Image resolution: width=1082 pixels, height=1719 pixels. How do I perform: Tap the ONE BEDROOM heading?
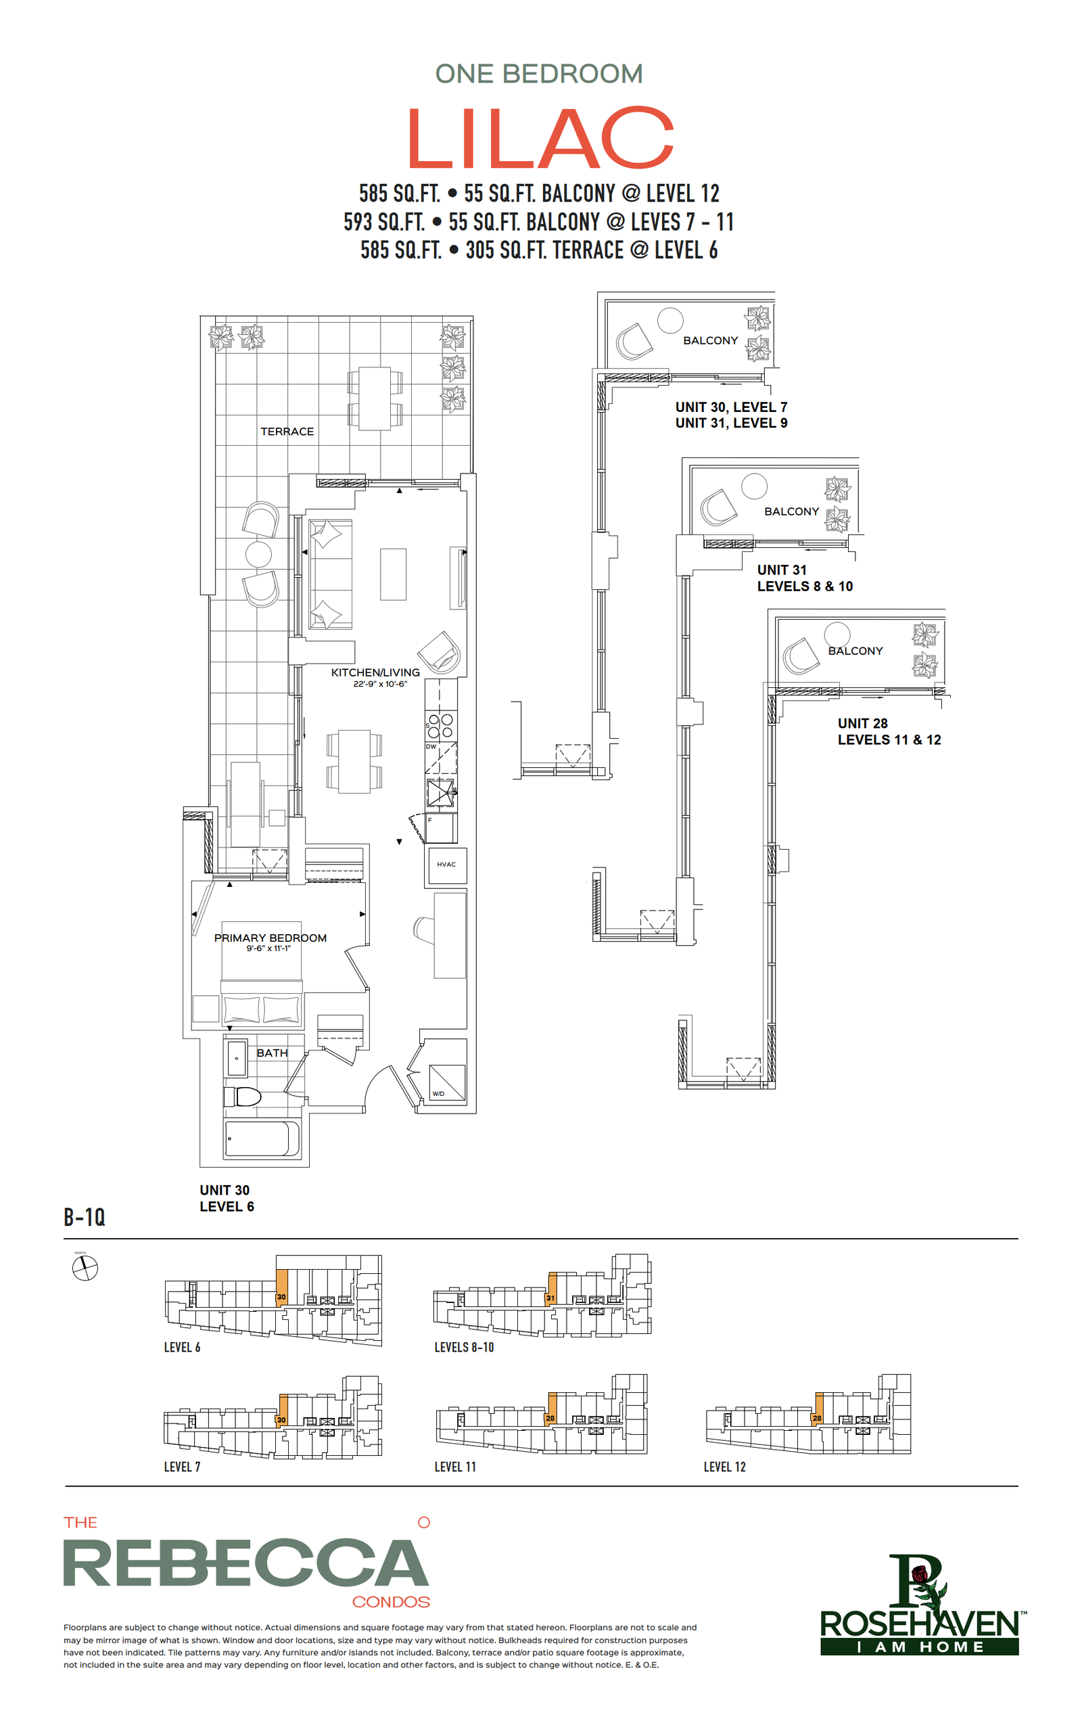[539, 74]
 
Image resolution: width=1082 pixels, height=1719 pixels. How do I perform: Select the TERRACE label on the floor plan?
[287, 432]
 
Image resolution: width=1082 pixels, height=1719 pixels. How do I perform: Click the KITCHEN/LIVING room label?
[375, 672]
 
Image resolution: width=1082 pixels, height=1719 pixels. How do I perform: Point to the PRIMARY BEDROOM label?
[270, 938]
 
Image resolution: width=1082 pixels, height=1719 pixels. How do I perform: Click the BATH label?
[272, 1053]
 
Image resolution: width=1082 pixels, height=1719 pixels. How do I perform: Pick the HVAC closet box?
[446, 865]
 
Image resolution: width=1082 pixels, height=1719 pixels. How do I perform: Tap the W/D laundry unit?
[447, 1083]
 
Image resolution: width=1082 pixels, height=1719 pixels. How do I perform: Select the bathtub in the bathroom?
[262, 1138]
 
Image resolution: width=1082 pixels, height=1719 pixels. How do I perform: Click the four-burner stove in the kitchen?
[440, 725]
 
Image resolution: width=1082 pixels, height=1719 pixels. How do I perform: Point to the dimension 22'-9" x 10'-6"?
[379, 684]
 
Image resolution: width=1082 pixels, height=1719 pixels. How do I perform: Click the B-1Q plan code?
[85, 1217]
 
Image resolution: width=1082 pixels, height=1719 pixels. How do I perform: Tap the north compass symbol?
[85, 1268]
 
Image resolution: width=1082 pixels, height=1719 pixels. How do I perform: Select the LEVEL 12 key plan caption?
[724, 1467]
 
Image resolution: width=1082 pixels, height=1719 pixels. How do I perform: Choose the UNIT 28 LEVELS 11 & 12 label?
[889, 732]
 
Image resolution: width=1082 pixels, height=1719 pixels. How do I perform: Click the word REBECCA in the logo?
[245, 1563]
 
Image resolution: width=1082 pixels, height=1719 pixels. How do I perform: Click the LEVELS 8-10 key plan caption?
[464, 1347]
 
